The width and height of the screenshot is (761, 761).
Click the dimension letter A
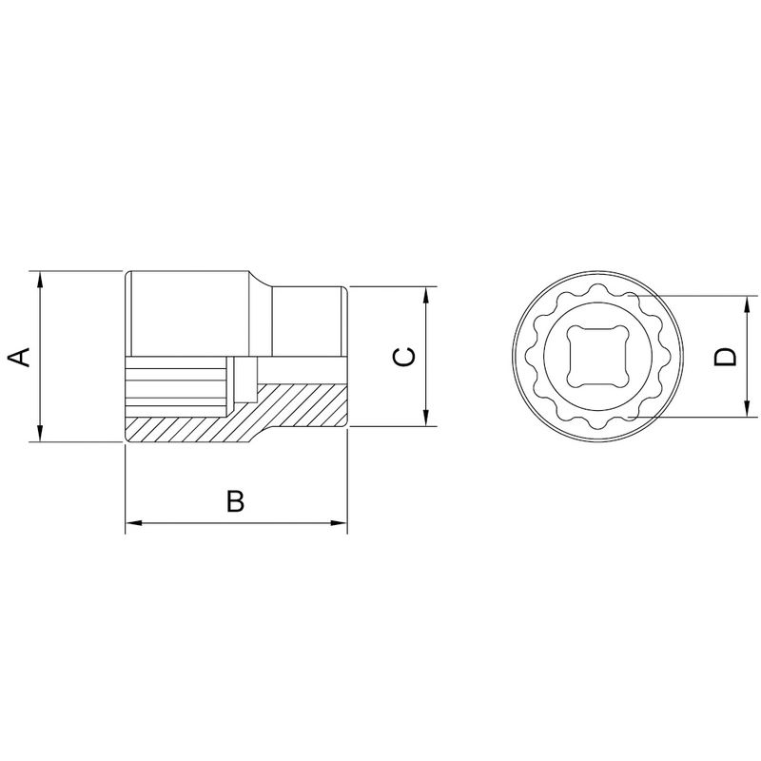19,358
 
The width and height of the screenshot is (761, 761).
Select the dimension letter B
235,501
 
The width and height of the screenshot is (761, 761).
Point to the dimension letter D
726,357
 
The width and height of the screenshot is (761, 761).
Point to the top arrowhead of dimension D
750,302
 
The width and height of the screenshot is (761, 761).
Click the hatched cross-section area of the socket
285,409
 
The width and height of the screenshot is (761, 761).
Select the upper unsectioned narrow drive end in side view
309,320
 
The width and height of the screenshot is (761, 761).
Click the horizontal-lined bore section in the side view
175,386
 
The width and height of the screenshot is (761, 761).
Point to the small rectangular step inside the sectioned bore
248,379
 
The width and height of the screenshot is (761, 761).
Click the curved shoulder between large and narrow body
263,281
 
